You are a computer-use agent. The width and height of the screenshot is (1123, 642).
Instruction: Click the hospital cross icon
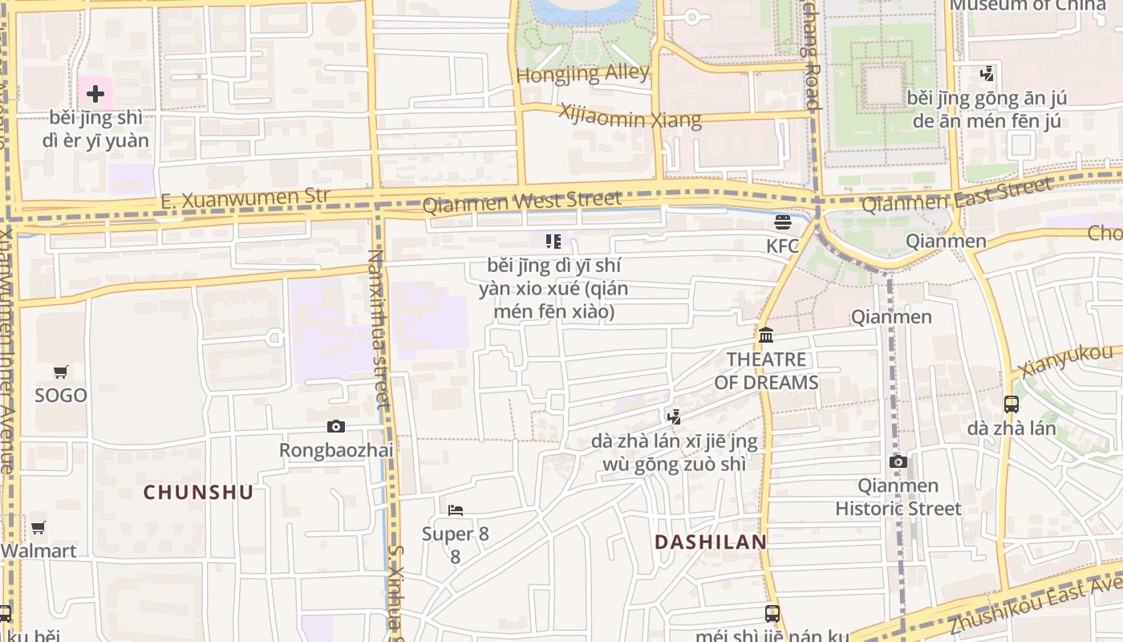coord(95,94)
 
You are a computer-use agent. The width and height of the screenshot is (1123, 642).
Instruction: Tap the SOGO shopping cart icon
coord(61,372)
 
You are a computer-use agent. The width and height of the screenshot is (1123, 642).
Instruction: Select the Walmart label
coord(39,551)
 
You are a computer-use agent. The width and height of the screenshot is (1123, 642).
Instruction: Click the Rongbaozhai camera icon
coord(336,426)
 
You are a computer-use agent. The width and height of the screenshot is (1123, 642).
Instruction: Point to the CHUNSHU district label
coord(198,493)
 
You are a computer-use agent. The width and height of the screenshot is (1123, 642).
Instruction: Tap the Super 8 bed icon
coord(456,510)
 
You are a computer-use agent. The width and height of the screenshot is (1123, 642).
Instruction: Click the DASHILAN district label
coord(711,542)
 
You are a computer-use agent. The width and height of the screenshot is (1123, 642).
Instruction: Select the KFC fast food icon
coord(783,222)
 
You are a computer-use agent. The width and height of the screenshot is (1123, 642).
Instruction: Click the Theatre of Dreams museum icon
coord(766,335)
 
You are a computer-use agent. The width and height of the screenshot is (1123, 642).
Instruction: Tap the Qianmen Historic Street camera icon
coord(898,461)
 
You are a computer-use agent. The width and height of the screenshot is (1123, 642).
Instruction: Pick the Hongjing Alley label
coord(582,74)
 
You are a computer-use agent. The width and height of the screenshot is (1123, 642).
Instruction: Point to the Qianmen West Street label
coord(521,201)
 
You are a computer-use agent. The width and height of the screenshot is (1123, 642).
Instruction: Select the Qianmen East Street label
coord(956,195)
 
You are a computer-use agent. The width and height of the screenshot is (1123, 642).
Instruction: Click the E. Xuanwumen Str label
coord(245,198)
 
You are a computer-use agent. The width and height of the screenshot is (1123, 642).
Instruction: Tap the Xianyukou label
coord(1066,361)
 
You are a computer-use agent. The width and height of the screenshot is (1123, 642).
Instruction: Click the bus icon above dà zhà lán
coord(1012,404)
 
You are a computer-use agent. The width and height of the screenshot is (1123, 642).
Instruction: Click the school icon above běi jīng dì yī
coord(553,241)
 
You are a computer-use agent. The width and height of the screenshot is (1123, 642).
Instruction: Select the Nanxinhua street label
coord(377,329)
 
